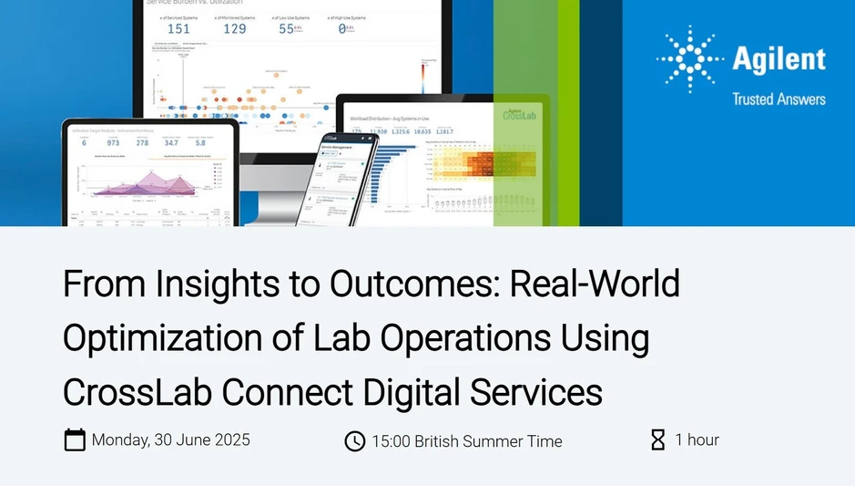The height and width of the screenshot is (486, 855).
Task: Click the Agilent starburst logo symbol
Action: pos(690,60)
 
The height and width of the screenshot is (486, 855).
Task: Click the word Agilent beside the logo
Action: pos(779,60)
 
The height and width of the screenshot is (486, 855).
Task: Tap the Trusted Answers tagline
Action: pos(779,98)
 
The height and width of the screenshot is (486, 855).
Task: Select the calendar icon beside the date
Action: pos(75,439)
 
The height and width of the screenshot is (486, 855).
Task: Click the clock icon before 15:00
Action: pos(354,441)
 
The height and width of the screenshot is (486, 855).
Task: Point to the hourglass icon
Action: pos(657,440)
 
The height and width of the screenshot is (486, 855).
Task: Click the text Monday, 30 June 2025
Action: pos(170,439)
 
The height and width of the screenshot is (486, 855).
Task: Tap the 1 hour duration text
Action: pos(697,439)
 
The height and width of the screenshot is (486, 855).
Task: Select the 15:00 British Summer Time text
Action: pos(466,441)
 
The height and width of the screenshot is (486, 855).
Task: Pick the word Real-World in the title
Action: pos(595,284)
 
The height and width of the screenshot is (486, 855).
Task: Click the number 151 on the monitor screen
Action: pos(178,28)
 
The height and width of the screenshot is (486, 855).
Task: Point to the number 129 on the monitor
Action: pos(235,28)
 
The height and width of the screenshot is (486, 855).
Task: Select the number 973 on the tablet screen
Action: pos(113,142)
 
